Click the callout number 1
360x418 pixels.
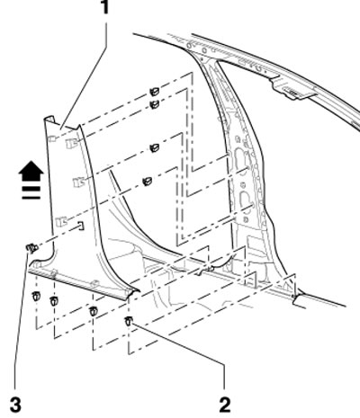pos(104,7)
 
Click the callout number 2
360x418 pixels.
pos(225,405)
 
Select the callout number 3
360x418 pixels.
pos(15,405)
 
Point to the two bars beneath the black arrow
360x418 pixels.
pos(31,193)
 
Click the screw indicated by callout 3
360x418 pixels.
pos(31,248)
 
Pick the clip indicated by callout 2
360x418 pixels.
pos(129,321)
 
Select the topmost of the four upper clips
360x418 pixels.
pos(154,92)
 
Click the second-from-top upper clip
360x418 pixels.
pos(154,104)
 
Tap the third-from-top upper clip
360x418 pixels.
pos(155,147)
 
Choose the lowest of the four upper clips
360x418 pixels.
pos(147,182)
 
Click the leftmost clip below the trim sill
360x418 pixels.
pos(36,296)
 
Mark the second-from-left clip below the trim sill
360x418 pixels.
pos(54,301)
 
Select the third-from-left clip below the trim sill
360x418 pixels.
pos(94,311)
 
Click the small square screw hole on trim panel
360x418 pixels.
pos(81,226)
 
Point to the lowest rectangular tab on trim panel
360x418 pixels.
pos(61,221)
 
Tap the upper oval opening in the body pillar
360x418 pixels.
pos(241,157)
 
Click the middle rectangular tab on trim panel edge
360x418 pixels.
pos(79,182)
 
